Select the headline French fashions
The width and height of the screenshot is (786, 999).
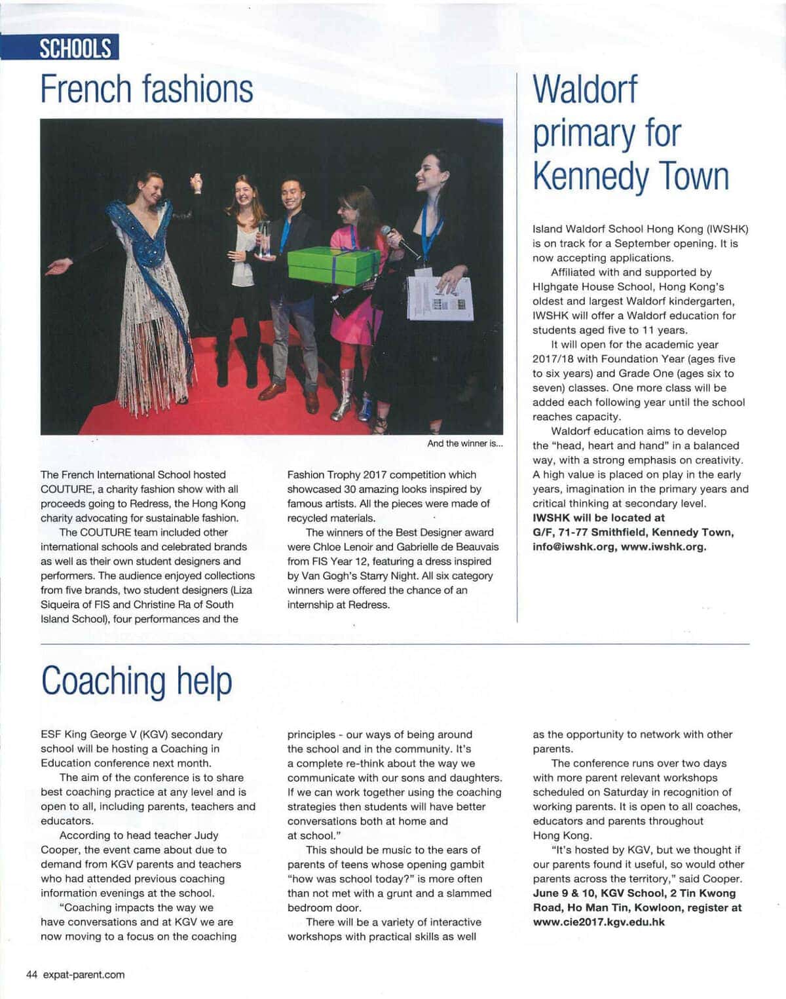point(147,89)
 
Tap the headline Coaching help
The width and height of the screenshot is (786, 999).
point(136,681)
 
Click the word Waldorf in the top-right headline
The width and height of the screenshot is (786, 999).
point(584,89)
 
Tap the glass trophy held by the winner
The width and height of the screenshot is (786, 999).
point(265,239)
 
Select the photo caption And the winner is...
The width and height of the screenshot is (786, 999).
point(464,443)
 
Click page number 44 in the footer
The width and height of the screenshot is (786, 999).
point(31,974)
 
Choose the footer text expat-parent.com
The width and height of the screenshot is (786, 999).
point(84,974)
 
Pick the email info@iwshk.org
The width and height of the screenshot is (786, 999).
point(574,547)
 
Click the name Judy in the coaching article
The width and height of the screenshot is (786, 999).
point(206,835)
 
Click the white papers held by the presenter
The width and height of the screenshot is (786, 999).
point(439,298)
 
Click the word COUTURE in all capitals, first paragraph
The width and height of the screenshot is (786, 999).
point(66,489)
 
